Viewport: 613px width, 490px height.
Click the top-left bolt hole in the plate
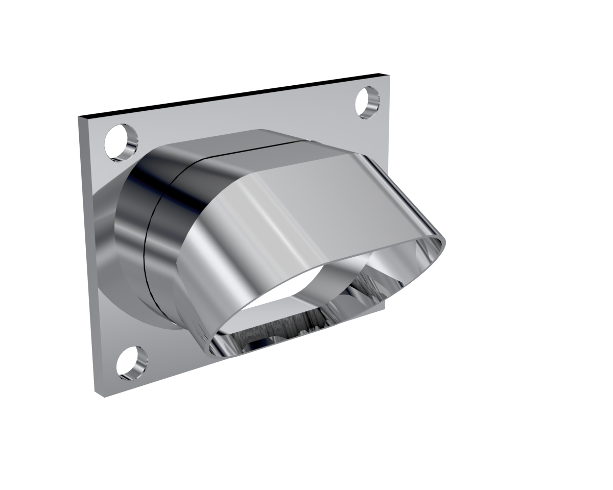click(121, 142)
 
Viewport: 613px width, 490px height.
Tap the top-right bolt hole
click(367, 103)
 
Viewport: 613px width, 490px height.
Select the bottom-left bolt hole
click(132, 363)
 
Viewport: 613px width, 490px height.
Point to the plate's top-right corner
click(389, 76)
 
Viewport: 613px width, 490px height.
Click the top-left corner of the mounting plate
click(79, 117)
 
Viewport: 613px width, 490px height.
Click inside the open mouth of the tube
click(306, 306)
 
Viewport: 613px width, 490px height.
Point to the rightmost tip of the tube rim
click(444, 240)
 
